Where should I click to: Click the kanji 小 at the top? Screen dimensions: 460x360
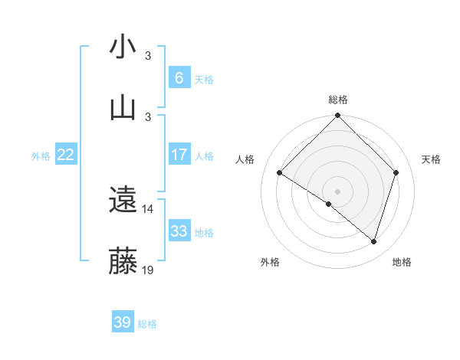pyautogui.click(x=123, y=47)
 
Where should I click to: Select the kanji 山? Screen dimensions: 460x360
pyautogui.click(x=123, y=106)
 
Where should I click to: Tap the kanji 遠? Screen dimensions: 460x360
pyautogui.click(x=123, y=200)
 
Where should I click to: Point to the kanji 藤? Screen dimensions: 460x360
pyautogui.click(x=123, y=260)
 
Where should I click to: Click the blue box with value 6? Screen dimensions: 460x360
pyautogui.click(x=179, y=77)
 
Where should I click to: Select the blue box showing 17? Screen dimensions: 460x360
pyautogui.click(x=179, y=155)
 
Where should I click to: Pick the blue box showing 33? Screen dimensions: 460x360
pyautogui.click(x=179, y=231)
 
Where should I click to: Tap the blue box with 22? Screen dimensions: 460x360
pyautogui.click(x=65, y=155)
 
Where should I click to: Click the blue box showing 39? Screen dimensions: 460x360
pyautogui.click(x=122, y=322)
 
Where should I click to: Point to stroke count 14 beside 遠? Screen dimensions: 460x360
pyautogui.click(x=148, y=208)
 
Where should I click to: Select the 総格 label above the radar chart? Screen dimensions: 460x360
pyautogui.click(x=337, y=100)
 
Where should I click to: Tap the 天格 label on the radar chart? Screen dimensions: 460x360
pyautogui.click(x=431, y=159)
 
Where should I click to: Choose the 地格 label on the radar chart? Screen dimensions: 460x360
pyautogui.click(x=402, y=262)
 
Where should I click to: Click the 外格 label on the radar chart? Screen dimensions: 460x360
pyautogui.click(x=269, y=262)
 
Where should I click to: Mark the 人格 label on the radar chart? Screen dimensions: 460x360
pyautogui.click(x=245, y=159)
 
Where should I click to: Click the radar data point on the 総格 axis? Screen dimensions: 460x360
pyautogui.click(x=337, y=116)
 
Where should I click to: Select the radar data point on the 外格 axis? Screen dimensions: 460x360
pyautogui.click(x=328, y=204)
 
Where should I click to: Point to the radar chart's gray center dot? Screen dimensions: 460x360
pyautogui.click(x=337, y=191)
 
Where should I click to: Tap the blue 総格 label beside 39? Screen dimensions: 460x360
pyautogui.click(x=147, y=324)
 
